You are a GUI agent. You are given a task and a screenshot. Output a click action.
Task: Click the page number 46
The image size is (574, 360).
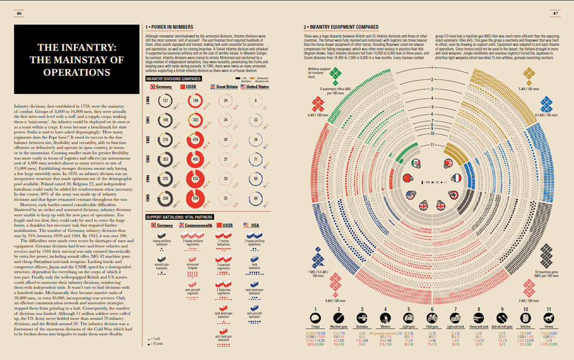point(19,13)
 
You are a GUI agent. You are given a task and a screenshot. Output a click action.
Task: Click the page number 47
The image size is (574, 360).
point(555,13)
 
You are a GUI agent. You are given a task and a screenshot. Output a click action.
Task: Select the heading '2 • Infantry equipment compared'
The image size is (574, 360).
point(340,27)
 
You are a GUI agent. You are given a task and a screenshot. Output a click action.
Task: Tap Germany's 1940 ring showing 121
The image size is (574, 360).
point(165,100)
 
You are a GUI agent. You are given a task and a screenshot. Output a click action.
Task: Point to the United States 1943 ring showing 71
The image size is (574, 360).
point(255,159)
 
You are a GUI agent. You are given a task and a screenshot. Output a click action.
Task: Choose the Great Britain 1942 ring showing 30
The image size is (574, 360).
point(226,140)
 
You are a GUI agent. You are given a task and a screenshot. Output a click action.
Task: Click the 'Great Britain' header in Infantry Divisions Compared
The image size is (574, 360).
point(224,86)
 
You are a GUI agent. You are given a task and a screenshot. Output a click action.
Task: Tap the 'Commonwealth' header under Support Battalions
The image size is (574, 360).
point(196,226)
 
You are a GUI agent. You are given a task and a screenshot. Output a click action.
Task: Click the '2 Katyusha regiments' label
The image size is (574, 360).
point(224,291)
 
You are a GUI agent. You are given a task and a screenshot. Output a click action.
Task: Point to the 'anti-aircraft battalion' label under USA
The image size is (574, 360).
point(254,313)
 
